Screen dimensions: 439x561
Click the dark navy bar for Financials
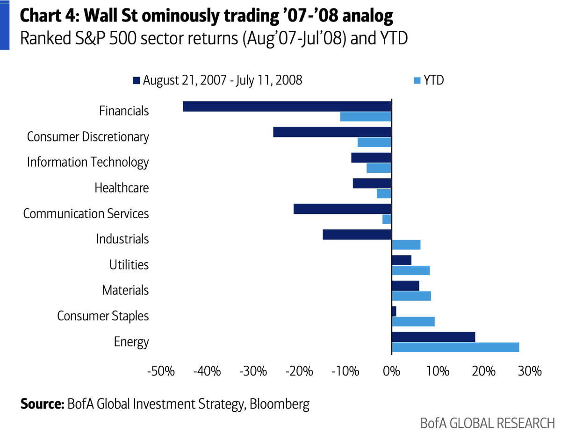287,106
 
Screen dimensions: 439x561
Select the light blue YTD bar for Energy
455,347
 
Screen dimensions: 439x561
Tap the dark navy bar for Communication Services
342,209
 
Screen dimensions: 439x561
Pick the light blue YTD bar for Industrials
406,245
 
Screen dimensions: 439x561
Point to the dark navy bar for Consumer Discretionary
332,132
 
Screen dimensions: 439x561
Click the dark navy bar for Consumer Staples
394,311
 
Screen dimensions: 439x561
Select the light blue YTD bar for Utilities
410,270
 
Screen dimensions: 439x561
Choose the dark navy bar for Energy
433,337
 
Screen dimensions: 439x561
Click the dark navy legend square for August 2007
137,81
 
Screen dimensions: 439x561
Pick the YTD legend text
433,80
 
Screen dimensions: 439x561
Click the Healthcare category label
122,188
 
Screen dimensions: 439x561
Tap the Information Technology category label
88,162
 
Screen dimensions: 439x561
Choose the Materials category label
125,290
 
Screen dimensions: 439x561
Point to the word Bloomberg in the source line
280,404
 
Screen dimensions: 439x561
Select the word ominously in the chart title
188,17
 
